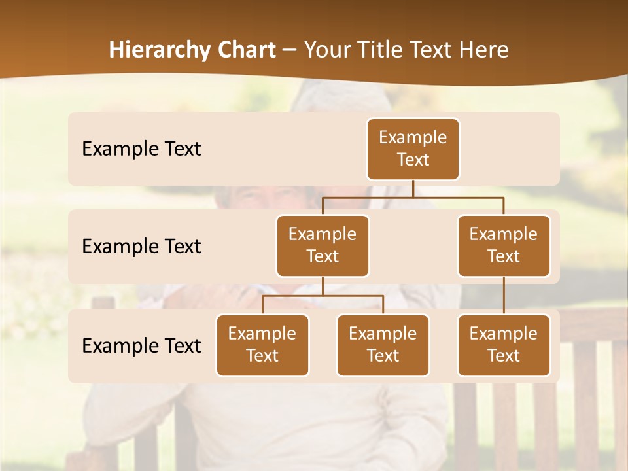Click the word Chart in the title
[x=247, y=50]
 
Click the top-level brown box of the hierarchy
[x=413, y=149]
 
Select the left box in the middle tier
[x=323, y=246]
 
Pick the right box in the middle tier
[x=504, y=246]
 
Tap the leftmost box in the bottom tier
[x=262, y=345]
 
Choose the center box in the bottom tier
[x=383, y=345]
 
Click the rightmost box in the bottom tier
[x=504, y=345]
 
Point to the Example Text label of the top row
[x=141, y=149]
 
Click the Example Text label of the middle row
[x=141, y=247]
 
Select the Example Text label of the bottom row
[x=141, y=346]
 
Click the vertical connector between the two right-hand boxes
[x=504, y=296]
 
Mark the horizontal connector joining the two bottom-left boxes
[x=323, y=296]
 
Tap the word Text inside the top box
[x=413, y=160]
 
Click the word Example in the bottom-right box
[x=504, y=334]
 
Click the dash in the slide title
[x=290, y=50]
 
